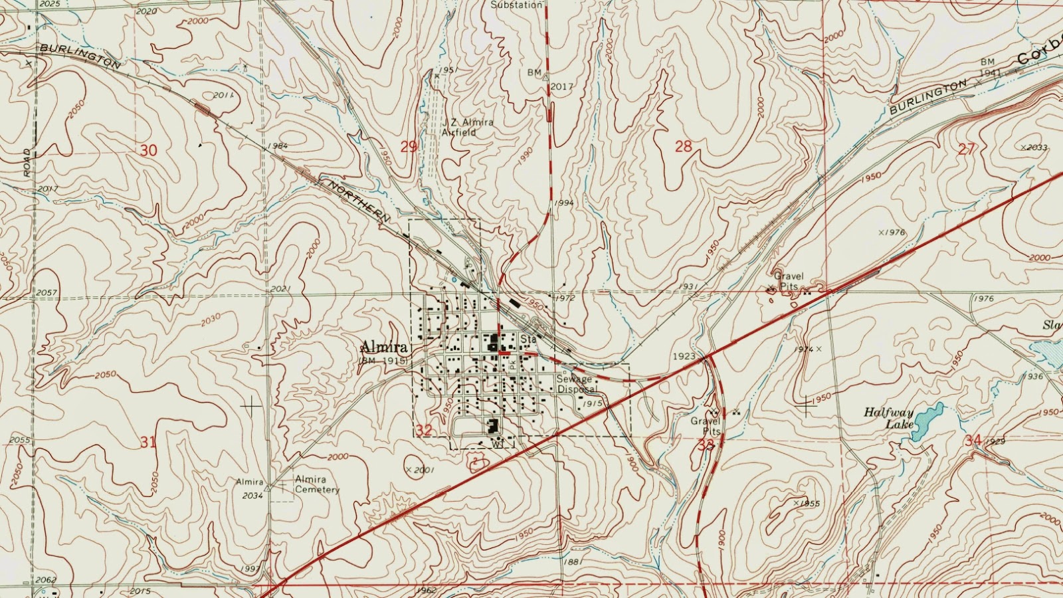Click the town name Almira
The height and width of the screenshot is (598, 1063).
(383, 347)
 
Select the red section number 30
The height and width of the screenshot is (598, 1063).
(148, 151)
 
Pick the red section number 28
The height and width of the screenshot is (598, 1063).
(683, 147)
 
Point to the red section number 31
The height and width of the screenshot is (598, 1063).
(148, 442)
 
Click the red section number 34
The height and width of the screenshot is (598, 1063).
(973, 441)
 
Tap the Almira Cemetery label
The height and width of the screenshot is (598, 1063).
(317, 484)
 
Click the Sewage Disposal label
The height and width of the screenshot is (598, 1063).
(574, 384)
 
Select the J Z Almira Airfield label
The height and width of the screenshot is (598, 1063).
(468, 127)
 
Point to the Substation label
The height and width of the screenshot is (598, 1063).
(516, 5)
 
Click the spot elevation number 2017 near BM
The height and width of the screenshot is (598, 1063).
(561, 86)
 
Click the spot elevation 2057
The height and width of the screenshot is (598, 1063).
(47, 292)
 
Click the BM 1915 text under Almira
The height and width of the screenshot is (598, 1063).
(383, 360)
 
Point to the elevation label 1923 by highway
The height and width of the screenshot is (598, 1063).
(684, 357)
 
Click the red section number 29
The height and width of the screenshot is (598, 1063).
(409, 147)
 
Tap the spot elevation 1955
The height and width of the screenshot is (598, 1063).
(809, 504)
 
